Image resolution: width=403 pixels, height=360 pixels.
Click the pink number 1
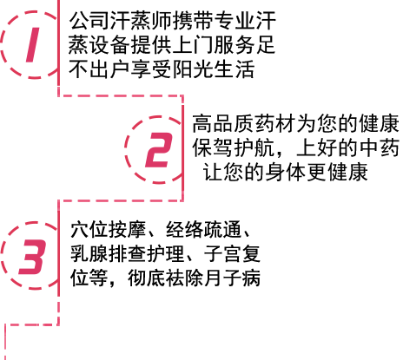pos(32,45)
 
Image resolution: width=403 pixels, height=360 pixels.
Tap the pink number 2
pos(159,150)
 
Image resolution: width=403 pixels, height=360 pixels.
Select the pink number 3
pos(32,257)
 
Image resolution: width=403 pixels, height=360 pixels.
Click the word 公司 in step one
pos(89,21)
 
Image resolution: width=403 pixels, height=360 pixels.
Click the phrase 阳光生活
pos(214,69)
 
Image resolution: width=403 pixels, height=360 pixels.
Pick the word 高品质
pos(223,124)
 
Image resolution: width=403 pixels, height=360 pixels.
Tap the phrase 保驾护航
pos(234,147)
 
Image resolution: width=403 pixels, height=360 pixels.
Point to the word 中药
pos(380,147)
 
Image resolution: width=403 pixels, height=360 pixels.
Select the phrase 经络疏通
pos(203,230)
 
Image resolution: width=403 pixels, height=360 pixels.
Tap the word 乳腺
pos(89,254)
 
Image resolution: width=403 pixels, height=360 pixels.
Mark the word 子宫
pos(222,254)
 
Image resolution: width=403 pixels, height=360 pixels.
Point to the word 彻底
pos(147,278)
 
